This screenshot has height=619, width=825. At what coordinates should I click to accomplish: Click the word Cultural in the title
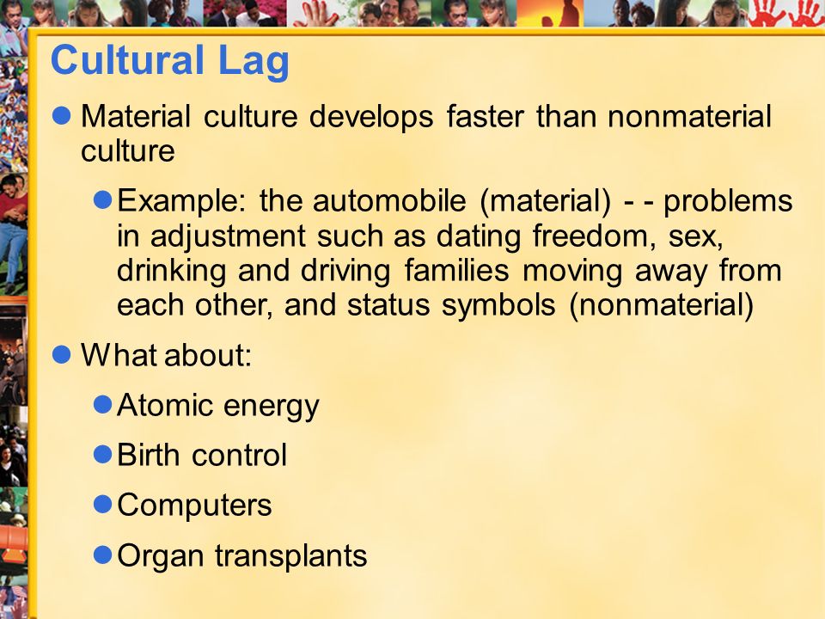127,59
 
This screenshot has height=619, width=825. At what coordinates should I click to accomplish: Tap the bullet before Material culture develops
62,116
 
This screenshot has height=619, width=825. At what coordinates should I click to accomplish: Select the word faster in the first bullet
485,116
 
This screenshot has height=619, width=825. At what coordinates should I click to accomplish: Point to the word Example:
181,202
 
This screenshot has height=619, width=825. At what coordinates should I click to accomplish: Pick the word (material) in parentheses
546,201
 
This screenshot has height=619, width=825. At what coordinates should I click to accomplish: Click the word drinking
172,272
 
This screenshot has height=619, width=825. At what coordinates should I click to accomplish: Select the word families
456,271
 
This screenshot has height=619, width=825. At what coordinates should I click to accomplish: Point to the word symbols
498,306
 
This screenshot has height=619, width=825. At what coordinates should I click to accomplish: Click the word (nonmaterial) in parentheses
662,306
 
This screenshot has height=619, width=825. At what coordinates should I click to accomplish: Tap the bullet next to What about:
62,355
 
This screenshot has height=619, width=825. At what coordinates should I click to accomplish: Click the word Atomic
165,405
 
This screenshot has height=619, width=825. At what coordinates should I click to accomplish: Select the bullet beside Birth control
102,454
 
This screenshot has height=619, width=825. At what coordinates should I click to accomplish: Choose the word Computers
194,506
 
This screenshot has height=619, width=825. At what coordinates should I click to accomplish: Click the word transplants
291,556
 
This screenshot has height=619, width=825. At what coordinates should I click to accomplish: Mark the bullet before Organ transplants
102,555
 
